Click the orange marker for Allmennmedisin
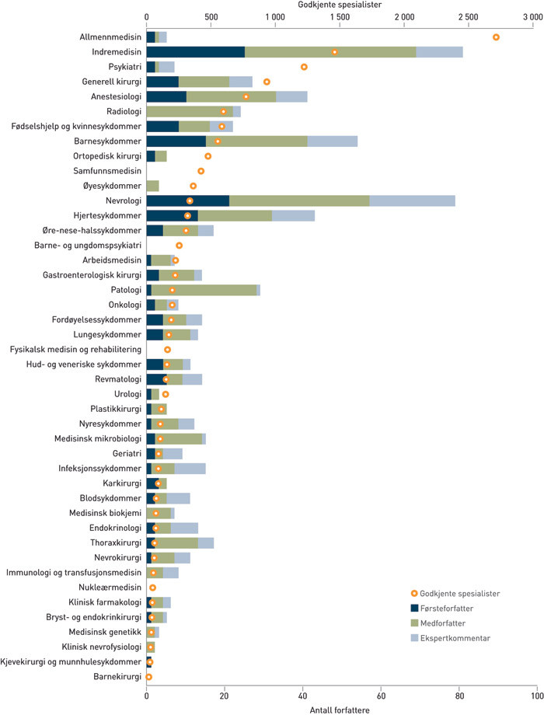(x=496, y=37)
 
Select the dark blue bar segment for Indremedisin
(x=195, y=52)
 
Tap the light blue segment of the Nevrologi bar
(x=412, y=201)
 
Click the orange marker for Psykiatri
(x=304, y=67)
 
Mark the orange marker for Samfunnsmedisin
(x=201, y=171)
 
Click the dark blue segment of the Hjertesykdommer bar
(x=172, y=215)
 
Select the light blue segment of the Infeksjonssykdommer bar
(x=190, y=468)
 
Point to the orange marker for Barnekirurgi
(x=148, y=677)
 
